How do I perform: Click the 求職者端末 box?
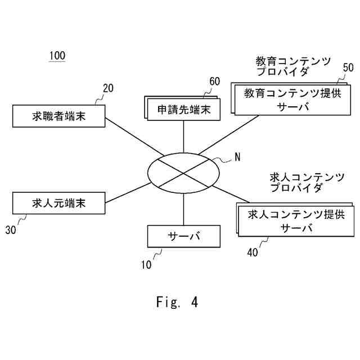coord(59,116)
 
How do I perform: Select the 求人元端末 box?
coord(59,202)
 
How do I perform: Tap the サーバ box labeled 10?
coord(183,236)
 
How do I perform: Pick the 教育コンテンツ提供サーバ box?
coord(292,100)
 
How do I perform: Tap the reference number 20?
coord(108,88)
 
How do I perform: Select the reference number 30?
coord(11,229)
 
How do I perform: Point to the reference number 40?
coord(252,253)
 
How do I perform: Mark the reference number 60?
coord(214,81)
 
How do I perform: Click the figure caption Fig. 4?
coord(177,302)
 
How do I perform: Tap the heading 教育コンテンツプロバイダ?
coord(292,66)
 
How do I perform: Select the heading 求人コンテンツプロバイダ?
coord(307,183)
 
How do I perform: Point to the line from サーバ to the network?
coord(183,206)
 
